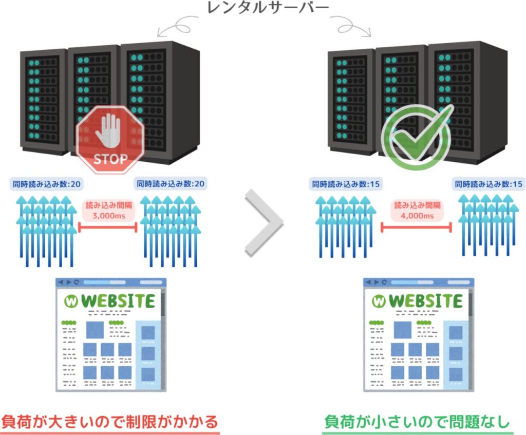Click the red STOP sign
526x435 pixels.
[109, 140]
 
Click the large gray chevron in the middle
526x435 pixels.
[264, 222]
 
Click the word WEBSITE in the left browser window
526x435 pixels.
[118, 301]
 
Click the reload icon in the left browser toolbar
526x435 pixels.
[77, 282]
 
